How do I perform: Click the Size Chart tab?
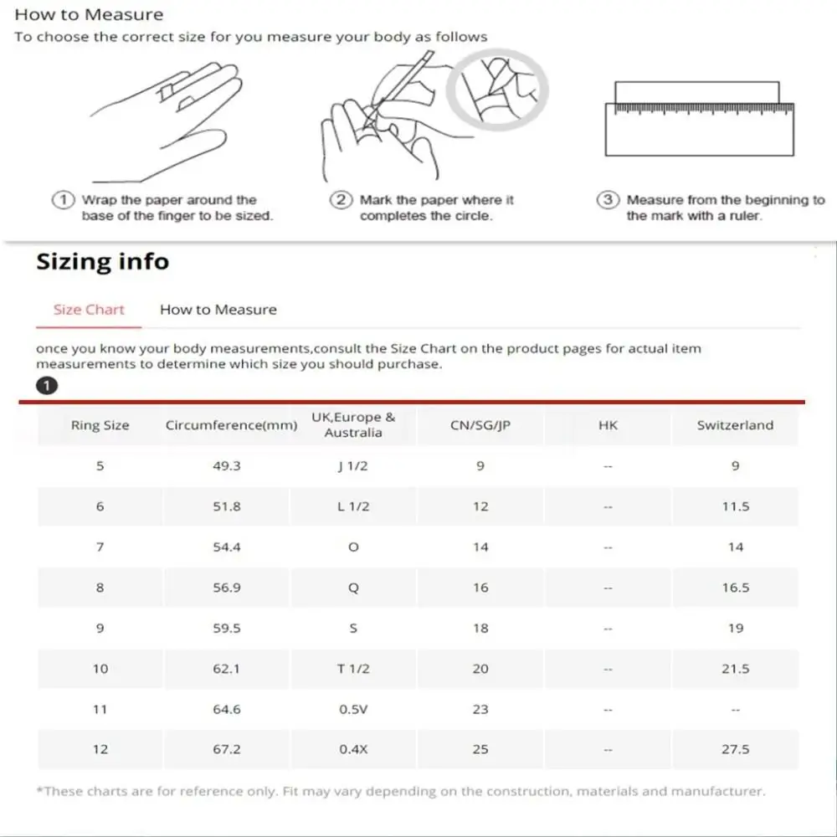89,310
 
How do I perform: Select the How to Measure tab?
218,310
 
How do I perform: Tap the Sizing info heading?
102,262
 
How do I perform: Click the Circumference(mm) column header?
231,425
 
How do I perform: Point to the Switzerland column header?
735,425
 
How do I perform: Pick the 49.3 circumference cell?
227,466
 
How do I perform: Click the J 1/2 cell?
352,466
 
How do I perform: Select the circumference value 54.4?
227,547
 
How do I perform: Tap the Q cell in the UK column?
353,588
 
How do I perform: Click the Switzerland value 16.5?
735,588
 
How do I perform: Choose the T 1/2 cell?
352,669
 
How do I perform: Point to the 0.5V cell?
352,709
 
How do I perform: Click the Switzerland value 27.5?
735,749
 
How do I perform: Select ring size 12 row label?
100,749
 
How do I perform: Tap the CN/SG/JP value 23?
480,709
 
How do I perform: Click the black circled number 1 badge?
47,386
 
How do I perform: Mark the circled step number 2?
341,201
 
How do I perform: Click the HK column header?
608,425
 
